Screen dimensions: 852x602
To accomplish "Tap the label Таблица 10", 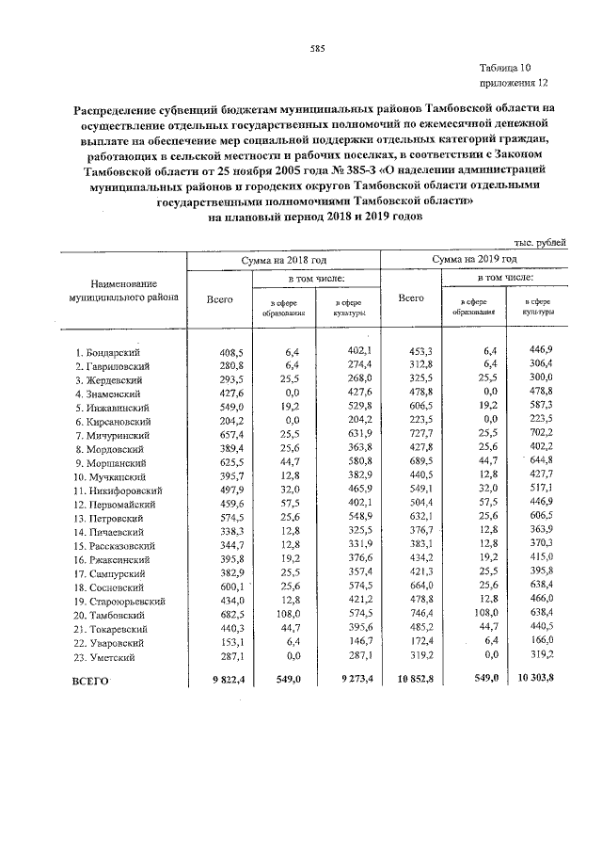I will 505,68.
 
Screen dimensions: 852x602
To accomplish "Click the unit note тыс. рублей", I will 541,243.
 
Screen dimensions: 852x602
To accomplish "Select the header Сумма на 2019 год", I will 474,259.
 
